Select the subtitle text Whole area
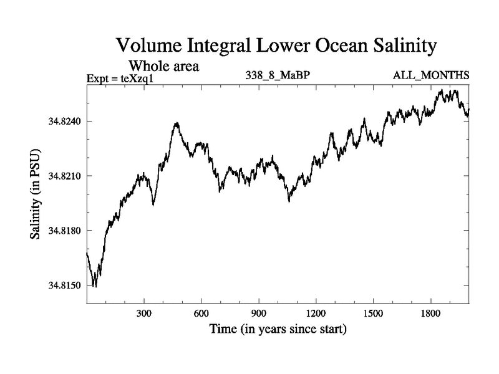pyautogui.click(x=163, y=65)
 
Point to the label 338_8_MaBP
pyautogui.click(x=278, y=76)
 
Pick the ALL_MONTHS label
pyautogui.click(x=430, y=76)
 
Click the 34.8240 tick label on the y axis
pyautogui.click(x=64, y=121)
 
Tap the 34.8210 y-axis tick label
pyautogui.click(x=64, y=176)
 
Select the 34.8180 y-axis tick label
pyautogui.click(x=64, y=231)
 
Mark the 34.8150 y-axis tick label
pyautogui.click(x=64, y=285)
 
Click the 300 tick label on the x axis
pyautogui.click(x=144, y=313)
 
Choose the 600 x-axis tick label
pyautogui.click(x=201, y=313)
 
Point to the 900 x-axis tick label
pyautogui.click(x=259, y=313)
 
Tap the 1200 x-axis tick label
pyautogui.click(x=316, y=313)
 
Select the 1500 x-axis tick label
pyautogui.click(x=373, y=313)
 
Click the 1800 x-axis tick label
pyautogui.click(x=430, y=313)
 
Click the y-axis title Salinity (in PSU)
pyautogui.click(x=36, y=194)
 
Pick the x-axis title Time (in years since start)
pyautogui.click(x=278, y=328)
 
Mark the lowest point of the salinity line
pyautogui.click(x=95, y=287)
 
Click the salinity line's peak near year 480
pyautogui.click(x=177, y=123)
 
